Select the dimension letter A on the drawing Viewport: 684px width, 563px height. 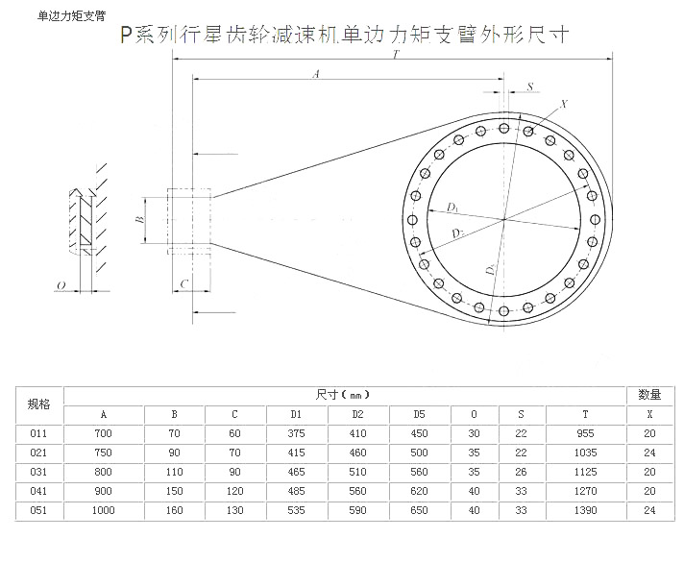316,74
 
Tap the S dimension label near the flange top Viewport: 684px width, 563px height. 529,86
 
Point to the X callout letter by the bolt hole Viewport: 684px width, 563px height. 564,104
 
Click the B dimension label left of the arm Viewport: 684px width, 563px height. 139,220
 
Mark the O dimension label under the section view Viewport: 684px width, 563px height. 61,285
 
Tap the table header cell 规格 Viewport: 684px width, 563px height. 39,404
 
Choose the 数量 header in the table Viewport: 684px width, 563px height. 650,394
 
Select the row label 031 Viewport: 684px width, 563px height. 39,472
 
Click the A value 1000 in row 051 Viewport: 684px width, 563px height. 103,510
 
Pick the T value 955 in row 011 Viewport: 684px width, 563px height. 585,433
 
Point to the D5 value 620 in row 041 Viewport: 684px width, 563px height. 419,491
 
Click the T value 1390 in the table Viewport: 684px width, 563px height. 585,510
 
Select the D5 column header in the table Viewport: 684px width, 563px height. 419,414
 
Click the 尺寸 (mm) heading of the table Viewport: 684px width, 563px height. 343,394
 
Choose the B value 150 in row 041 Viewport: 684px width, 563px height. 174,491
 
